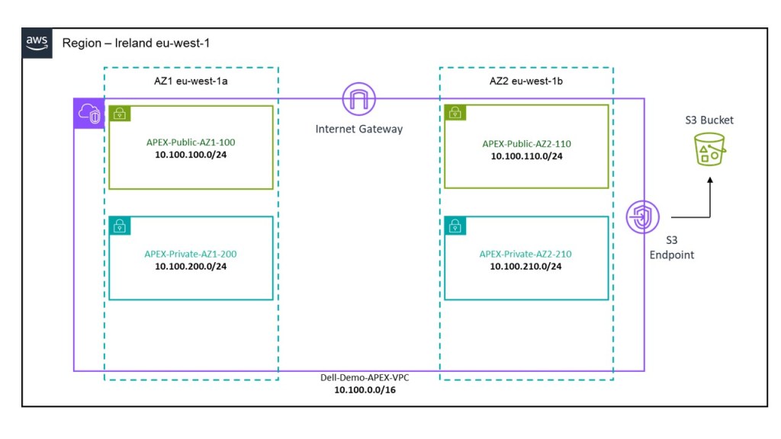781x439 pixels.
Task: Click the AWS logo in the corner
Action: coord(37,43)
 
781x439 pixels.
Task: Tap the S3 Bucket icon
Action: coord(709,149)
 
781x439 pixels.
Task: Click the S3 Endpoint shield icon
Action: coord(641,217)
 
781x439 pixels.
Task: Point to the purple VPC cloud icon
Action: coord(88,114)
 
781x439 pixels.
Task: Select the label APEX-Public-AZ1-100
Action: coord(191,142)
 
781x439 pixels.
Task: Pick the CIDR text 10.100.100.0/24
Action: coord(191,154)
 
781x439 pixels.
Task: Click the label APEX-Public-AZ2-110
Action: coord(526,143)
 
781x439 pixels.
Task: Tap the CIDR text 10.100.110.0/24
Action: coord(526,155)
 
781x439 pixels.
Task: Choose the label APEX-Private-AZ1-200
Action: coord(191,254)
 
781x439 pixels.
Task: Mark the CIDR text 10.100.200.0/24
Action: coord(191,266)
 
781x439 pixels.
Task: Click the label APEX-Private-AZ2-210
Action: coord(526,254)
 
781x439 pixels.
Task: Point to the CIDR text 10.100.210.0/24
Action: coord(526,266)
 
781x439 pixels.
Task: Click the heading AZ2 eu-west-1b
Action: coord(525,81)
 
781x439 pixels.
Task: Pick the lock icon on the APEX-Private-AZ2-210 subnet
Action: coord(455,226)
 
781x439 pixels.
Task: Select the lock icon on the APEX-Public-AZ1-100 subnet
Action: coord(119,114)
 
